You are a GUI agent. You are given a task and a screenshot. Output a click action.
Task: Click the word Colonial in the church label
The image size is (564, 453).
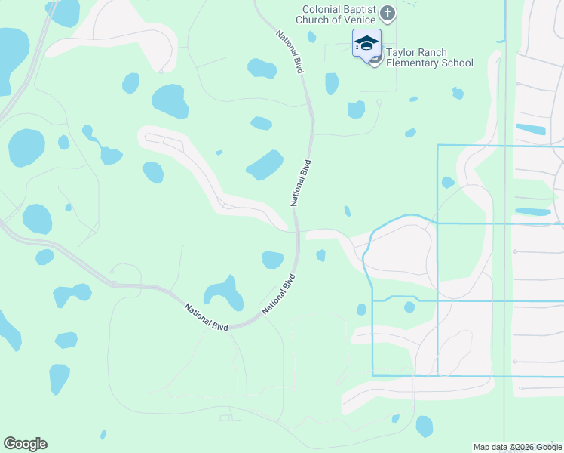(315, 9)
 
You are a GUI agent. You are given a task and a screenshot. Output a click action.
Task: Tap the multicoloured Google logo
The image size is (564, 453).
(26, 444)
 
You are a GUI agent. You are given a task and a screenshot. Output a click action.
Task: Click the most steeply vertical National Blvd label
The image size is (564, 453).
(301, 183)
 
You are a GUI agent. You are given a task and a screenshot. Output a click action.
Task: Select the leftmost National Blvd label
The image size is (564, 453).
(206, 315)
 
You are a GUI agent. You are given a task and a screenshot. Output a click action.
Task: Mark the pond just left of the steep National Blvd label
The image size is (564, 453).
(265, 165)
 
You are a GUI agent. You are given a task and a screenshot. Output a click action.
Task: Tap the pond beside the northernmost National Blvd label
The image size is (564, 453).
(262, 69)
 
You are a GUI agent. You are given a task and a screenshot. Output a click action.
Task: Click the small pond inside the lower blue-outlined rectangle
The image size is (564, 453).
(409, 307)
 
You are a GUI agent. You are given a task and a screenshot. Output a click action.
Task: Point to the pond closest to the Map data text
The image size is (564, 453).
(425, 426)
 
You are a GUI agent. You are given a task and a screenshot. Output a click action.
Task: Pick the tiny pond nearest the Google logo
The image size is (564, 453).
(103, 434)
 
